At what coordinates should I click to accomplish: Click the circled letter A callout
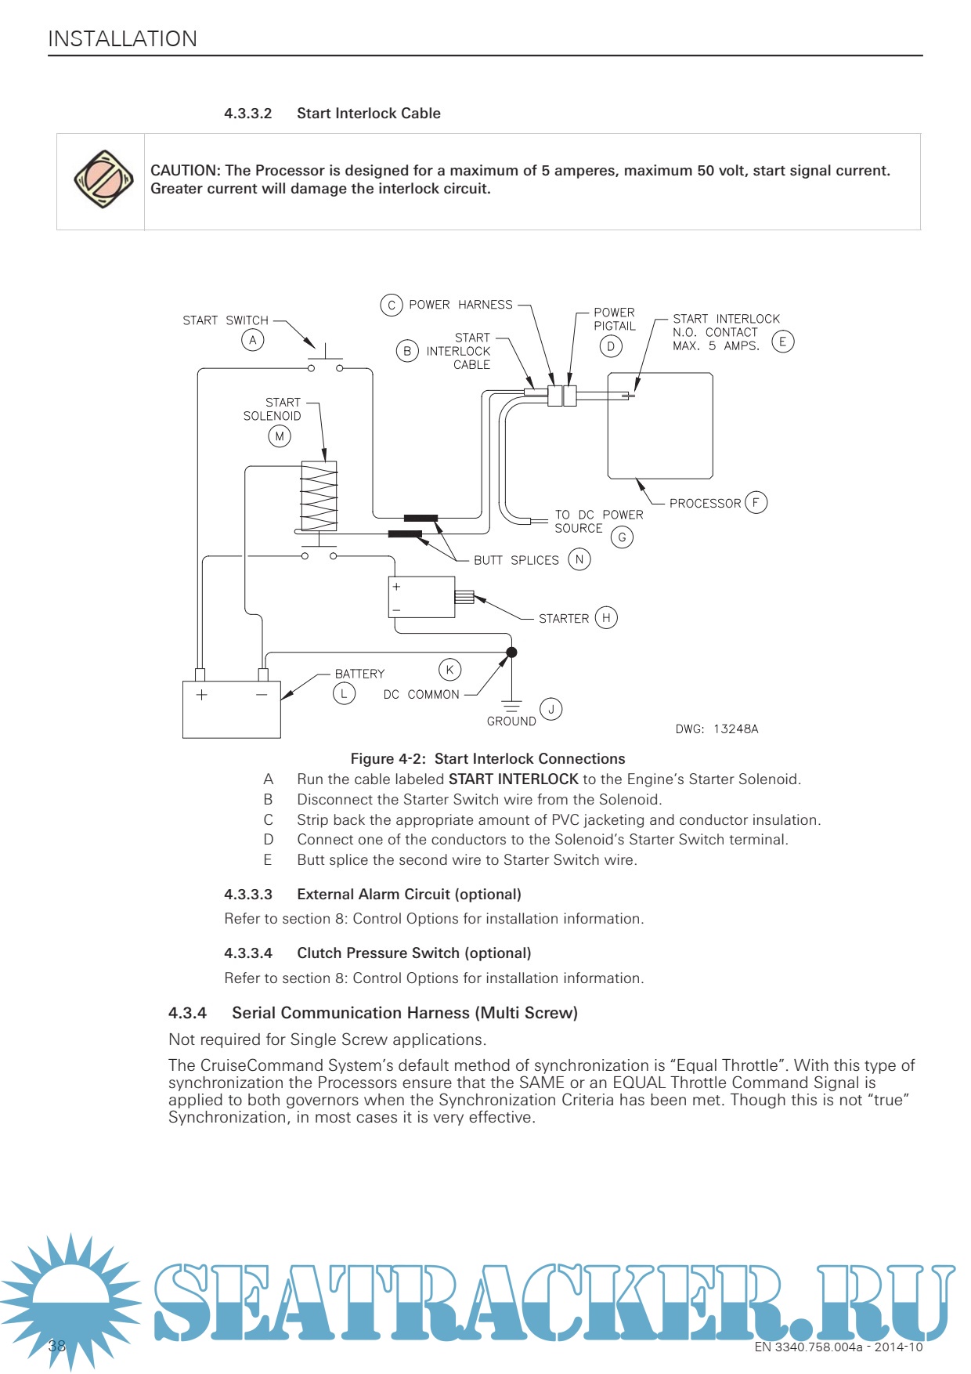point(252,340)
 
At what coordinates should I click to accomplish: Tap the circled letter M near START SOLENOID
point(280,436)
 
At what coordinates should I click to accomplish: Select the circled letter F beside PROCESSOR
point(756,502)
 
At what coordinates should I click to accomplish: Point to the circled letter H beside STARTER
point(606,618)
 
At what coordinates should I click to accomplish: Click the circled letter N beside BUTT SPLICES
point(579,559)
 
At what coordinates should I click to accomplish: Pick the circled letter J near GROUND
point(551,710)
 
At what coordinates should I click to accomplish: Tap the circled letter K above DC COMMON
point(449,670)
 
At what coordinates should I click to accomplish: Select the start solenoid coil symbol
point(319,496)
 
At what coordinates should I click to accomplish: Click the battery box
point(232,710)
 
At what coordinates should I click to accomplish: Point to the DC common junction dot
point(511,653)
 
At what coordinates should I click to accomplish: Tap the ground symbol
point(511,705)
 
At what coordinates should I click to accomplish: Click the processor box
point(660,425)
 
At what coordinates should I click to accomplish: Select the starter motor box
point(421,597)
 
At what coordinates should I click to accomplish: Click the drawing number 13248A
point(735,729)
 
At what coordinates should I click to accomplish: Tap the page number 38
point(57,1346)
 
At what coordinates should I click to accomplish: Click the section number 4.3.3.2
point(247,114)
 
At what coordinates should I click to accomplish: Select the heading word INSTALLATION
point(122,39)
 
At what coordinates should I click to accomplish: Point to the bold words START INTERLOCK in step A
point(513,779)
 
